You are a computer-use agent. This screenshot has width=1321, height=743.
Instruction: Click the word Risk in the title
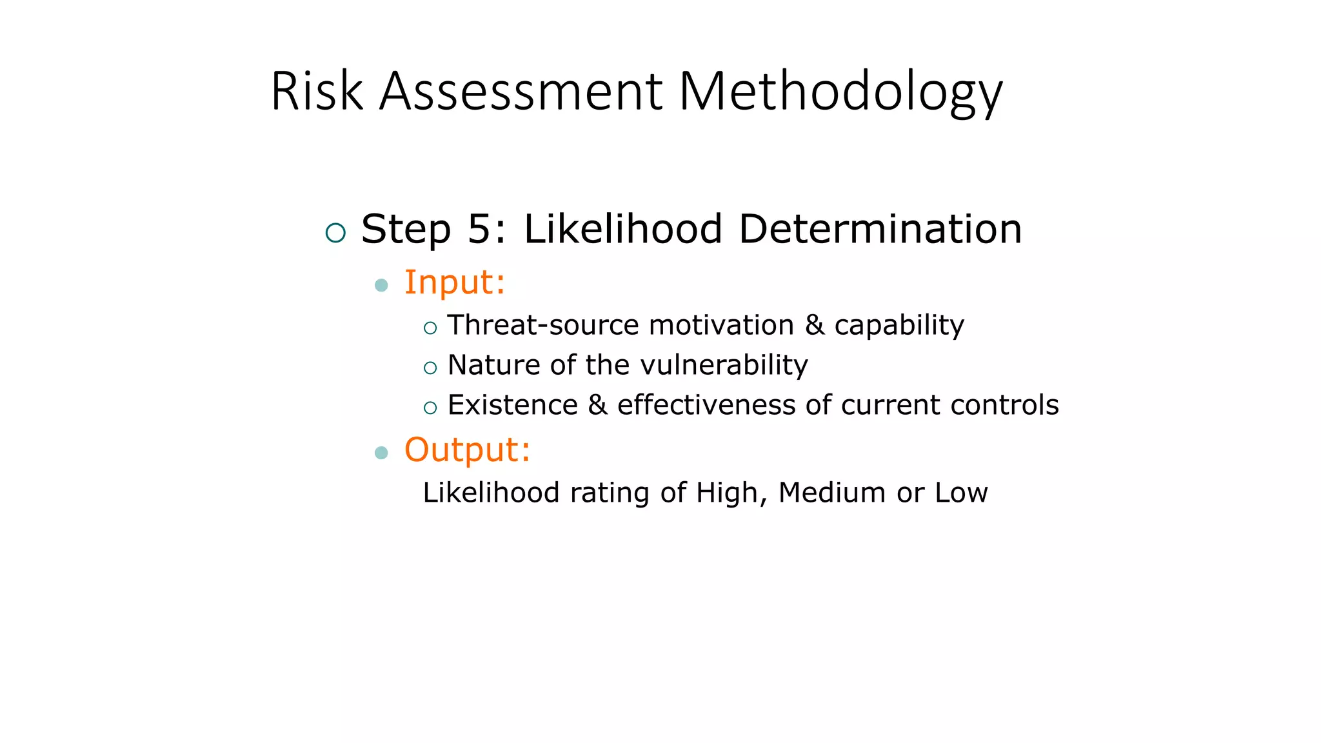tap(317, 92)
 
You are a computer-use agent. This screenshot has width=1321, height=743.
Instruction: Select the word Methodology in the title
tap(840, 92)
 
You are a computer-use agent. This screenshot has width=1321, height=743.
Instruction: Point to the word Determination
tap(880, 230)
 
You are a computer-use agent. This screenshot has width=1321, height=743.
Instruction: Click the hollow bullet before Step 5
tap(335, 232)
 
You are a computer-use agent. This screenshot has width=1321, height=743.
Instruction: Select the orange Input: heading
tap(454, 283)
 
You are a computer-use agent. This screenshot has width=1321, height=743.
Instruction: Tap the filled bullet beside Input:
tap(381, 285)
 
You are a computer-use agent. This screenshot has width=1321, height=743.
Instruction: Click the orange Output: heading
tap(467, 450)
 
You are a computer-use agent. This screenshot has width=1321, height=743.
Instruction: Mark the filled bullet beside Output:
tap(381, 453)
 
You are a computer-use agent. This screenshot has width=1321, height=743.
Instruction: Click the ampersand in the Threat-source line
tap(815, 325)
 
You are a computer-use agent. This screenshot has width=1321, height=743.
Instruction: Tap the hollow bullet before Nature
tap(430, 368)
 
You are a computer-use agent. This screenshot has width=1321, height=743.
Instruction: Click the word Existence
tap(513, 406)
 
